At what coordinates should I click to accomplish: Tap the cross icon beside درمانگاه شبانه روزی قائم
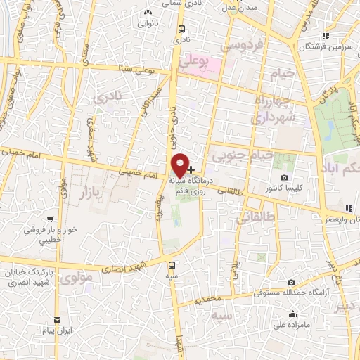191,169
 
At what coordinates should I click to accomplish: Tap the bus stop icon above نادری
182,30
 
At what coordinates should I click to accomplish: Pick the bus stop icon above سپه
174,265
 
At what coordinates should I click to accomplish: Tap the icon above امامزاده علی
292,314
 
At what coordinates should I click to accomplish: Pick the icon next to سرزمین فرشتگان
324,35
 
